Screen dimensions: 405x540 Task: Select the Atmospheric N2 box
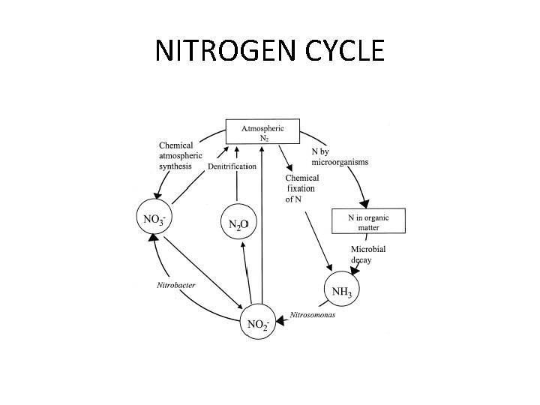tap(262, 133)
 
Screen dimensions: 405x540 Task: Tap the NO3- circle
tap(154, 220)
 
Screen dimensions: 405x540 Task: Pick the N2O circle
tap(239, 223)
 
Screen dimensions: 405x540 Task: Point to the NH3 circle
tap(341, 290)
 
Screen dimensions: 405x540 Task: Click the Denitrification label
tap(232, 166)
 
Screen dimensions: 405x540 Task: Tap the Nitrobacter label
tap(176, 285)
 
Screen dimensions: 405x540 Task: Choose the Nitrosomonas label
tap(313, 314)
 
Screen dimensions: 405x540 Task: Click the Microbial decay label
tap(368, 253)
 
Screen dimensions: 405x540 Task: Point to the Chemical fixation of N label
tap(301, 189)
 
